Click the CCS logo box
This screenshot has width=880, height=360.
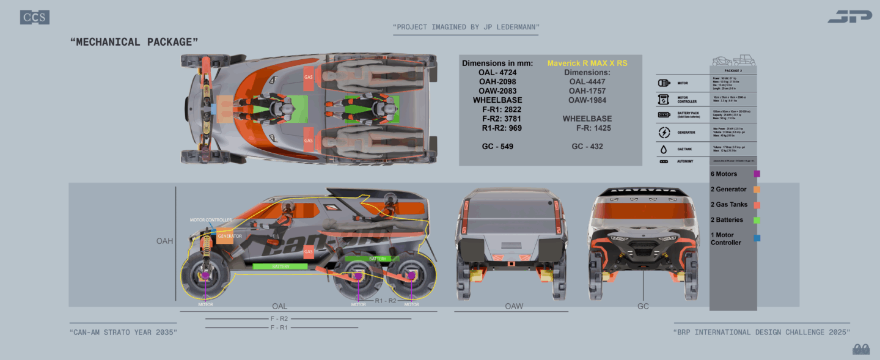(35, 18)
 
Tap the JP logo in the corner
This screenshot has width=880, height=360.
(849, 17)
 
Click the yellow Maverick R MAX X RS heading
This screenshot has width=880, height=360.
(587, 63)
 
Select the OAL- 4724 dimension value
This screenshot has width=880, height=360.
(497, 72)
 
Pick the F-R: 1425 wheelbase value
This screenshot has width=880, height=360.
(593, 128)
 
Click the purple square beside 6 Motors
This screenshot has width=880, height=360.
(757, 174)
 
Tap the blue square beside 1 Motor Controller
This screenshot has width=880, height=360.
(757, 238)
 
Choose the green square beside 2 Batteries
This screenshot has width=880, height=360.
(757, 220)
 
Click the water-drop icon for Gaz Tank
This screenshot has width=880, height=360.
(663, 149)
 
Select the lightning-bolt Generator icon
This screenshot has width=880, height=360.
(663, 132)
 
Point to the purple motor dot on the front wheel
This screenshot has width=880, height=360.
(205, 276)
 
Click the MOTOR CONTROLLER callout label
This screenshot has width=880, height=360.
(210, 220)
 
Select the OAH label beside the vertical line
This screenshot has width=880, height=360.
(164, 241)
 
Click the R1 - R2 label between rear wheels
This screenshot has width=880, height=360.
(385, 301)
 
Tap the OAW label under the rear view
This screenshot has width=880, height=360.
(514, 306)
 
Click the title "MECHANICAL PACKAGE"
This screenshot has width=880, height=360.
(134, 42)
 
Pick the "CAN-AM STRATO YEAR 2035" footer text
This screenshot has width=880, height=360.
(123, 332)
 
